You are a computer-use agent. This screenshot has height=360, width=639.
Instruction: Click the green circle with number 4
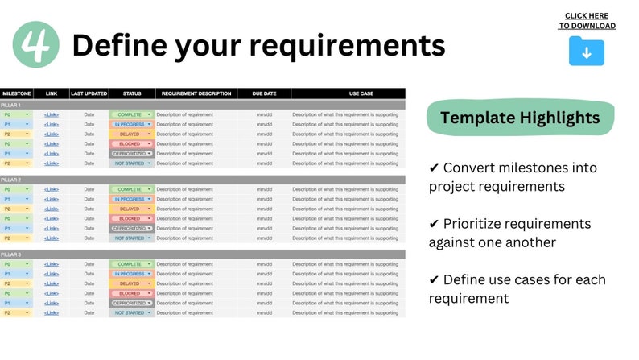36,44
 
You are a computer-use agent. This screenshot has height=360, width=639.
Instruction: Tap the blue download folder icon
586,51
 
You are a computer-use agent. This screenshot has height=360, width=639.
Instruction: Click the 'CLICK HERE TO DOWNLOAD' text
587,21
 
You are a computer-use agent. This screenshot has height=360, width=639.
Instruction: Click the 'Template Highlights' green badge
519,118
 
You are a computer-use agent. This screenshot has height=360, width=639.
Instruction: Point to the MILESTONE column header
17,93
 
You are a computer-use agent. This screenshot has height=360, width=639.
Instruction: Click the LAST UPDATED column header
89,93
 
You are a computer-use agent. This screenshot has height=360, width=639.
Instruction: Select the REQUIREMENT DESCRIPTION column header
196,93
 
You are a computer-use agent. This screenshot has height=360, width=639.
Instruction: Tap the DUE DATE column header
264,93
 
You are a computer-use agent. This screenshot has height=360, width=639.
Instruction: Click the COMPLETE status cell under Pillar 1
130,115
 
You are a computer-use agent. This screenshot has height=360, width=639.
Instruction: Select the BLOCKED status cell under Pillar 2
130,219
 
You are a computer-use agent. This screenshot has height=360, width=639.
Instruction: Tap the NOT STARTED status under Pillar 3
130,313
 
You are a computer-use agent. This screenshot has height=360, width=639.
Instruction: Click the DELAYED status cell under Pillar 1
130,134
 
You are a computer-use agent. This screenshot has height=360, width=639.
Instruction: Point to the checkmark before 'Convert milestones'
434,168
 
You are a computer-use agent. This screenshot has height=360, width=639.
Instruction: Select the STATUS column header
131,93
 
